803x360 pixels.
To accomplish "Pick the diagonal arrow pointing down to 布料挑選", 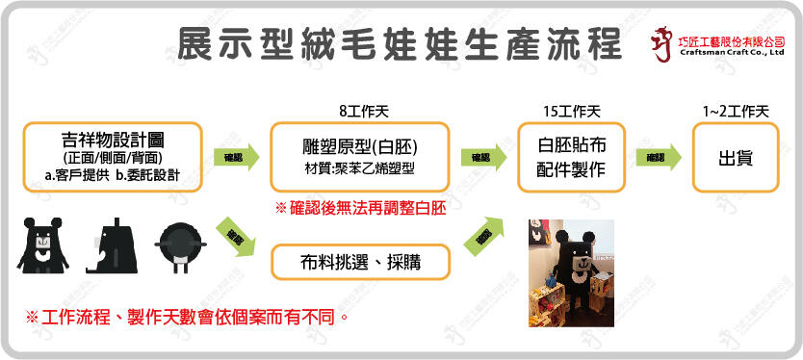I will click(x=236, y=238).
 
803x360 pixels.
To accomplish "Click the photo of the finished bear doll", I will click(x=568, y=272).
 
